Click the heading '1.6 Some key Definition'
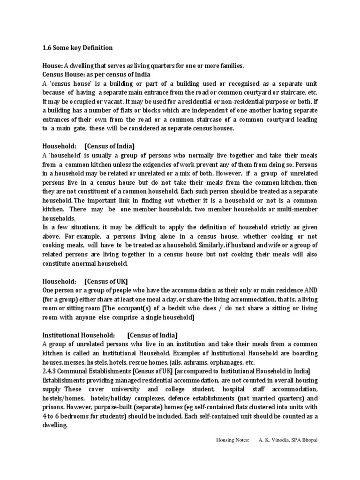[x=77, y=48]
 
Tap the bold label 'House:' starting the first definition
[x=52, y=66]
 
